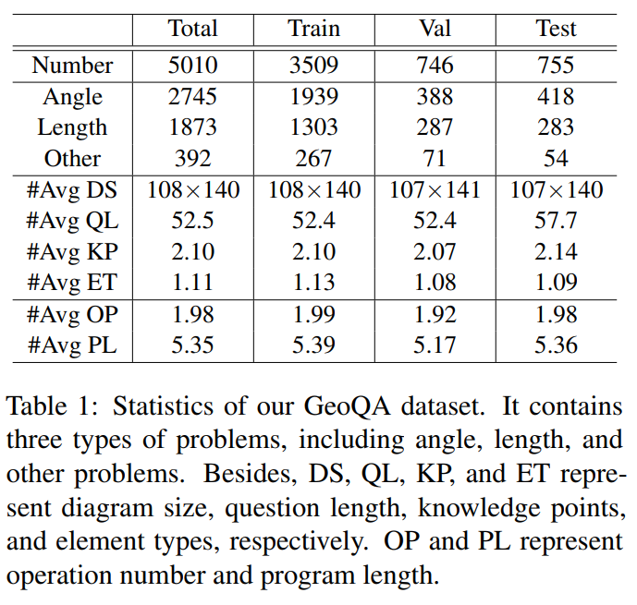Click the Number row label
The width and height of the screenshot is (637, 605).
coord(72,66)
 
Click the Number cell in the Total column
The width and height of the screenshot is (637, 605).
coord(193,66)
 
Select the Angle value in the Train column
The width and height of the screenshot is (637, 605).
coord(314,97)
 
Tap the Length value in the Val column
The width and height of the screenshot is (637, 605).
coord(435,127)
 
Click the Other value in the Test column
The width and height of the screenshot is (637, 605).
coord(556,159)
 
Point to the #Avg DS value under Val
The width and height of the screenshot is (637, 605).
coord(435,190)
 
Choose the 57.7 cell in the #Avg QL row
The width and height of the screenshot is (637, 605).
coord(556,221)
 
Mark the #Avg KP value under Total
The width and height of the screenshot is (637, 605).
coord(193,252)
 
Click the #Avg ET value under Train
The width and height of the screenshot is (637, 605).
coord(314,283)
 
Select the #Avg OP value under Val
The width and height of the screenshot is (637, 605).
coord(435,315)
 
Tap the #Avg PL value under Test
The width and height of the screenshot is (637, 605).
coord(556,346)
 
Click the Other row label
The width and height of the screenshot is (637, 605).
coord(72,159)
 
